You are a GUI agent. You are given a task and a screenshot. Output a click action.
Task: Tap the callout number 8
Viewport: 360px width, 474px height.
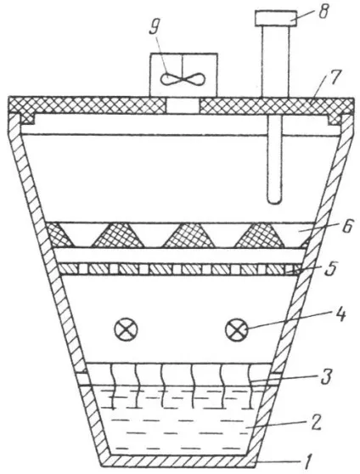tap(323, 11)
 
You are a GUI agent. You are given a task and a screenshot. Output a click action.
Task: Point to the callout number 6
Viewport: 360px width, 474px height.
tap(347, 228)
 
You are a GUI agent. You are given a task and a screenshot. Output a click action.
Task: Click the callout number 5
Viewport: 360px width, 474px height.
tap(332, 268)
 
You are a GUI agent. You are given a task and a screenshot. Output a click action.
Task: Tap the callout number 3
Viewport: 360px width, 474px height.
tap(327, 375)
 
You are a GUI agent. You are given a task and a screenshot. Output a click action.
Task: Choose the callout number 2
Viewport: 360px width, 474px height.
tap(315, 423)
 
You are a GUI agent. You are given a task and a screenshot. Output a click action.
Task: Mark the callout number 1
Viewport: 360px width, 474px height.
tap(307, 462)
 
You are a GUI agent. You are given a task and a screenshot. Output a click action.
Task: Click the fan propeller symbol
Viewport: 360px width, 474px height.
tap(183, 80)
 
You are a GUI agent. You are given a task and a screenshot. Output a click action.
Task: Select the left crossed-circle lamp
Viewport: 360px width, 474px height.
tap(126, 330)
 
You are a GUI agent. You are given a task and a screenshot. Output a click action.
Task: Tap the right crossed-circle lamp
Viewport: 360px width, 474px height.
tap(237, 330)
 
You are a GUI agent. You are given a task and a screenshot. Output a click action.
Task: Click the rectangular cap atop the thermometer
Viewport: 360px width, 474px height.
tap(275, 18)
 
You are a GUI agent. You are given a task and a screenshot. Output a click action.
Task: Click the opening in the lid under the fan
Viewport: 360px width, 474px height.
tap(183, 106)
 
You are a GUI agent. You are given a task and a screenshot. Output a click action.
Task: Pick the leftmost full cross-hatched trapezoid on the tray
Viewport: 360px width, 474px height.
tap(117, 235)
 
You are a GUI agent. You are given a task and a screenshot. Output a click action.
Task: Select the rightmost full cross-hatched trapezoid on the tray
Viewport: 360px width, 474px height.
tap(260, 235)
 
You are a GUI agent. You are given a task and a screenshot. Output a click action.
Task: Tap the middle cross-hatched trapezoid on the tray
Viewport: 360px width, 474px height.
tap(189, 235)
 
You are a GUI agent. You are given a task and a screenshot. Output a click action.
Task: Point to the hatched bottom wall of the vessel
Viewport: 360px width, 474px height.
tap(178, 460)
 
